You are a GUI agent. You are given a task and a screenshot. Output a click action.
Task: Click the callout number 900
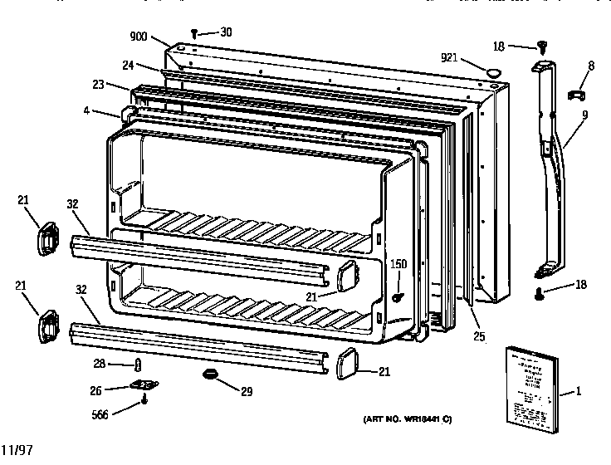pos(139,37)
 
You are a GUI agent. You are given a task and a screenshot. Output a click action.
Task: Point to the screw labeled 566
pos(144,402)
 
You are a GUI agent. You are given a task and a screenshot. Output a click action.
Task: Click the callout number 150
pos(399,265)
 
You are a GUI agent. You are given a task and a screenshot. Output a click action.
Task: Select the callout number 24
pos(128,66)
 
